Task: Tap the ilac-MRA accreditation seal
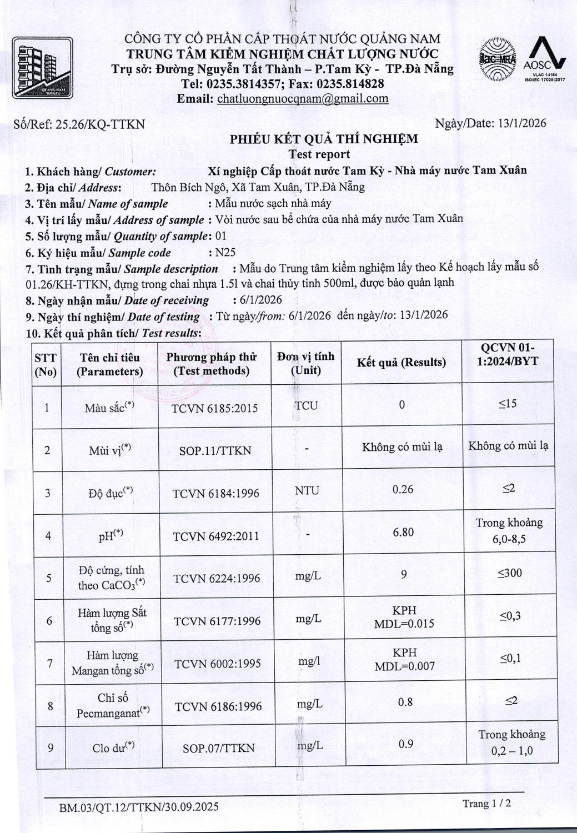click(498, 59)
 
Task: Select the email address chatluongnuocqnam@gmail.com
click(303, 99)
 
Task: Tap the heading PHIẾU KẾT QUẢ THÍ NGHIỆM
click(324, 139)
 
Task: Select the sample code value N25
click(225, 252)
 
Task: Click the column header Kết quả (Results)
click(401, 363)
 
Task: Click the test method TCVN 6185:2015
click(214, 408)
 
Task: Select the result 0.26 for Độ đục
click(403, 489)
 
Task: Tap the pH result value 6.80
click(403, 532)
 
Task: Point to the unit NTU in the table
click(307, 490)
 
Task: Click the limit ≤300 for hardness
click(509, 573)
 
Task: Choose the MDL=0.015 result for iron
click(404, 624)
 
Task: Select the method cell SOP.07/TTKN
click(218, 749)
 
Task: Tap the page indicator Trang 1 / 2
click(486, 803)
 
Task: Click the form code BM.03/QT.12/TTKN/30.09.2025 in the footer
click(139, 806)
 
